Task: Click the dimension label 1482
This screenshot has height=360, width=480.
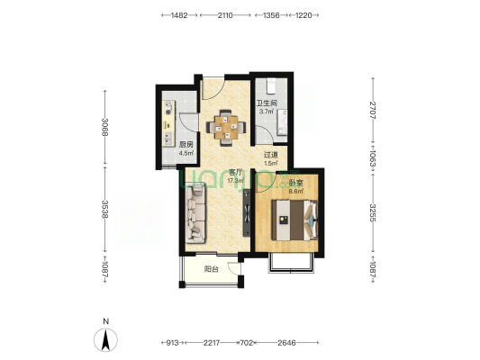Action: pyautogui.click(x=179, y=15)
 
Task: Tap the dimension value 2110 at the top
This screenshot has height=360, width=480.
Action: pyautogui.click(x=225, y=15)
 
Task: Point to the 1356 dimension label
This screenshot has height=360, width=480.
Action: pyautogui.click(x=271, y=15)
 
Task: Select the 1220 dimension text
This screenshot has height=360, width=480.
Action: pyautogui.click(x=303, y=15)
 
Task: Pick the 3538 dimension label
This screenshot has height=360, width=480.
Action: pyautogui.click(x=105, y=209)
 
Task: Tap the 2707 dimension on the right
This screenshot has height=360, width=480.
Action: pyautogui.click(x=373, y=110)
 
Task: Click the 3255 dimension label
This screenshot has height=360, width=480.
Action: pyautogui.click(x=373, y=212)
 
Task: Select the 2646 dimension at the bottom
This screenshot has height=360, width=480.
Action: pyautogui.click(x=286, y=343)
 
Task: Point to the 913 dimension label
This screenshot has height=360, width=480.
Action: pyautogui.click(x=172, y=343)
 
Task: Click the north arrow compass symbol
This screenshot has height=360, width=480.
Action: pyautogui.click(x=105, y=339)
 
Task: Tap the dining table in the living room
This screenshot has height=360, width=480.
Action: pyautogui.click(x=226, y=127)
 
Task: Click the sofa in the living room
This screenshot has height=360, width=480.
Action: pyautogui.click(x=195, y=215)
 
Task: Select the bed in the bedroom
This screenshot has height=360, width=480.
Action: pyautogui.click(x=294, y=220)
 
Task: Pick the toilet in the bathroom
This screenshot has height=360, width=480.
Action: pyautogui.click(x=271, y=86)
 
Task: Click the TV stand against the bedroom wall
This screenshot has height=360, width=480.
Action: pyautogui.click(x=247, y=212)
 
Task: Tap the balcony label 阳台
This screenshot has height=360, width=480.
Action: pyautogui.click(x=212, y=269)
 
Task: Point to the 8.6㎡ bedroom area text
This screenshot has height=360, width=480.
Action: pyautogui.click(x=296, y=192)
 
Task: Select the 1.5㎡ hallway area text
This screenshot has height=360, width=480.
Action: pyautogui.click(x=271, y=163)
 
